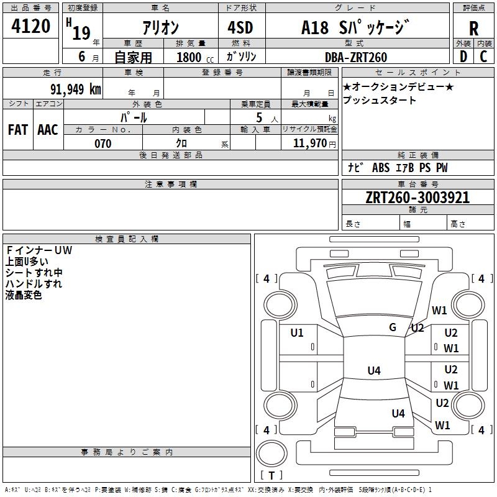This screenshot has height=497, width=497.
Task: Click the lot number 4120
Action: coord(30,26)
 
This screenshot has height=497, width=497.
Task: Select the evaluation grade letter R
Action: coord(473,29)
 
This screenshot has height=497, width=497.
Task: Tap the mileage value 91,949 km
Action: coord(75,89)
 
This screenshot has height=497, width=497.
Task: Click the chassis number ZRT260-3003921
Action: coord(417,198)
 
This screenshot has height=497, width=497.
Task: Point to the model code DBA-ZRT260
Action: coord(356,57)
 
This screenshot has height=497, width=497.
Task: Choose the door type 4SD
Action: coord(240,27)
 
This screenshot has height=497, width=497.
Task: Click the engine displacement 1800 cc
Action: coord(194,57)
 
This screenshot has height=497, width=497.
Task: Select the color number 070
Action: coord(103,144)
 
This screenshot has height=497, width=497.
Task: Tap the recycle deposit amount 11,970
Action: coord(310,143)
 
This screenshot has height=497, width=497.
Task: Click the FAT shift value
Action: coord(18,130)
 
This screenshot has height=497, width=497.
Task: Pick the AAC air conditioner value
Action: coord(48,130)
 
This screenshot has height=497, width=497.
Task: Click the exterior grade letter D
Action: coord(463,57)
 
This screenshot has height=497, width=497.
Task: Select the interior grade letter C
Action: coord(483,57)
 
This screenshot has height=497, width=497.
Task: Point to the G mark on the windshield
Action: coord(393,327)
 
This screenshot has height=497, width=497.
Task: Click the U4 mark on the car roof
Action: coord(374,370)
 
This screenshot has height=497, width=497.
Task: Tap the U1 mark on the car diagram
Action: coord(297,332)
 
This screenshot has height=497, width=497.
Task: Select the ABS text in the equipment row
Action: coord(381,168)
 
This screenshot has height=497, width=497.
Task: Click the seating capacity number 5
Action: coord(259,117)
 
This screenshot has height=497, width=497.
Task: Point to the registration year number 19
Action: coord(81,33)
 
